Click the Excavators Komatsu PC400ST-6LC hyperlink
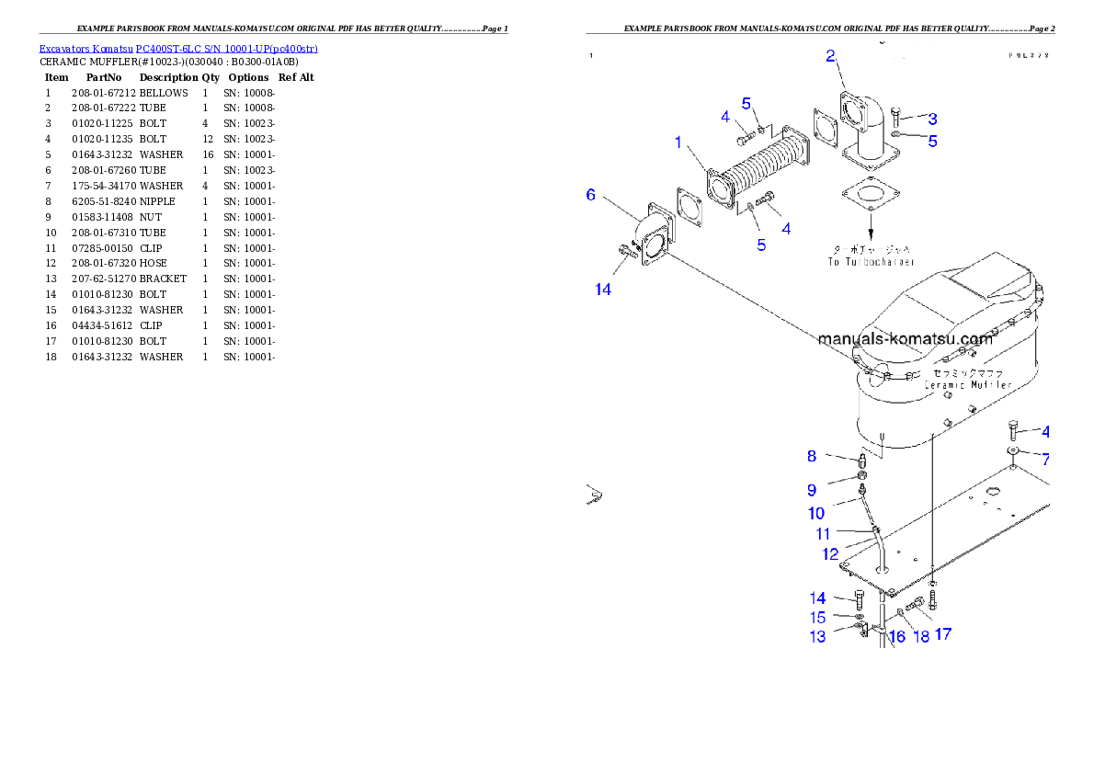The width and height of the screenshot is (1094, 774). tap(178, 49)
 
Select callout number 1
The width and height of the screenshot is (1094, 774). tap(678, 142)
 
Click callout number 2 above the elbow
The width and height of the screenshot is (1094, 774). tap(830, 56)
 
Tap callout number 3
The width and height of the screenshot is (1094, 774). tap(932, 118)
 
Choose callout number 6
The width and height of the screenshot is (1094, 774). tap(591, 194)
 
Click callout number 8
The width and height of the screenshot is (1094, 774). tap(812, 455)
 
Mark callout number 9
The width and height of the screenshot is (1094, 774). tap(812, 490)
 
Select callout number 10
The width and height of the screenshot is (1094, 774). tap(816, 513)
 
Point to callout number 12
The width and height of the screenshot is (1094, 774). tap(830, 554)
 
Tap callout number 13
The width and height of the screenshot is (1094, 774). tap(817, 637)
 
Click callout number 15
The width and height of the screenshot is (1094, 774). tap(817, 618)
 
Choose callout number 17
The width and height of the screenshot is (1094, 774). tap(942, 634)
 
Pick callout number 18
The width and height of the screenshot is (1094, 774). tap(921, 637)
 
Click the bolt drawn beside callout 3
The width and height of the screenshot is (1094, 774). tap(899, 118)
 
